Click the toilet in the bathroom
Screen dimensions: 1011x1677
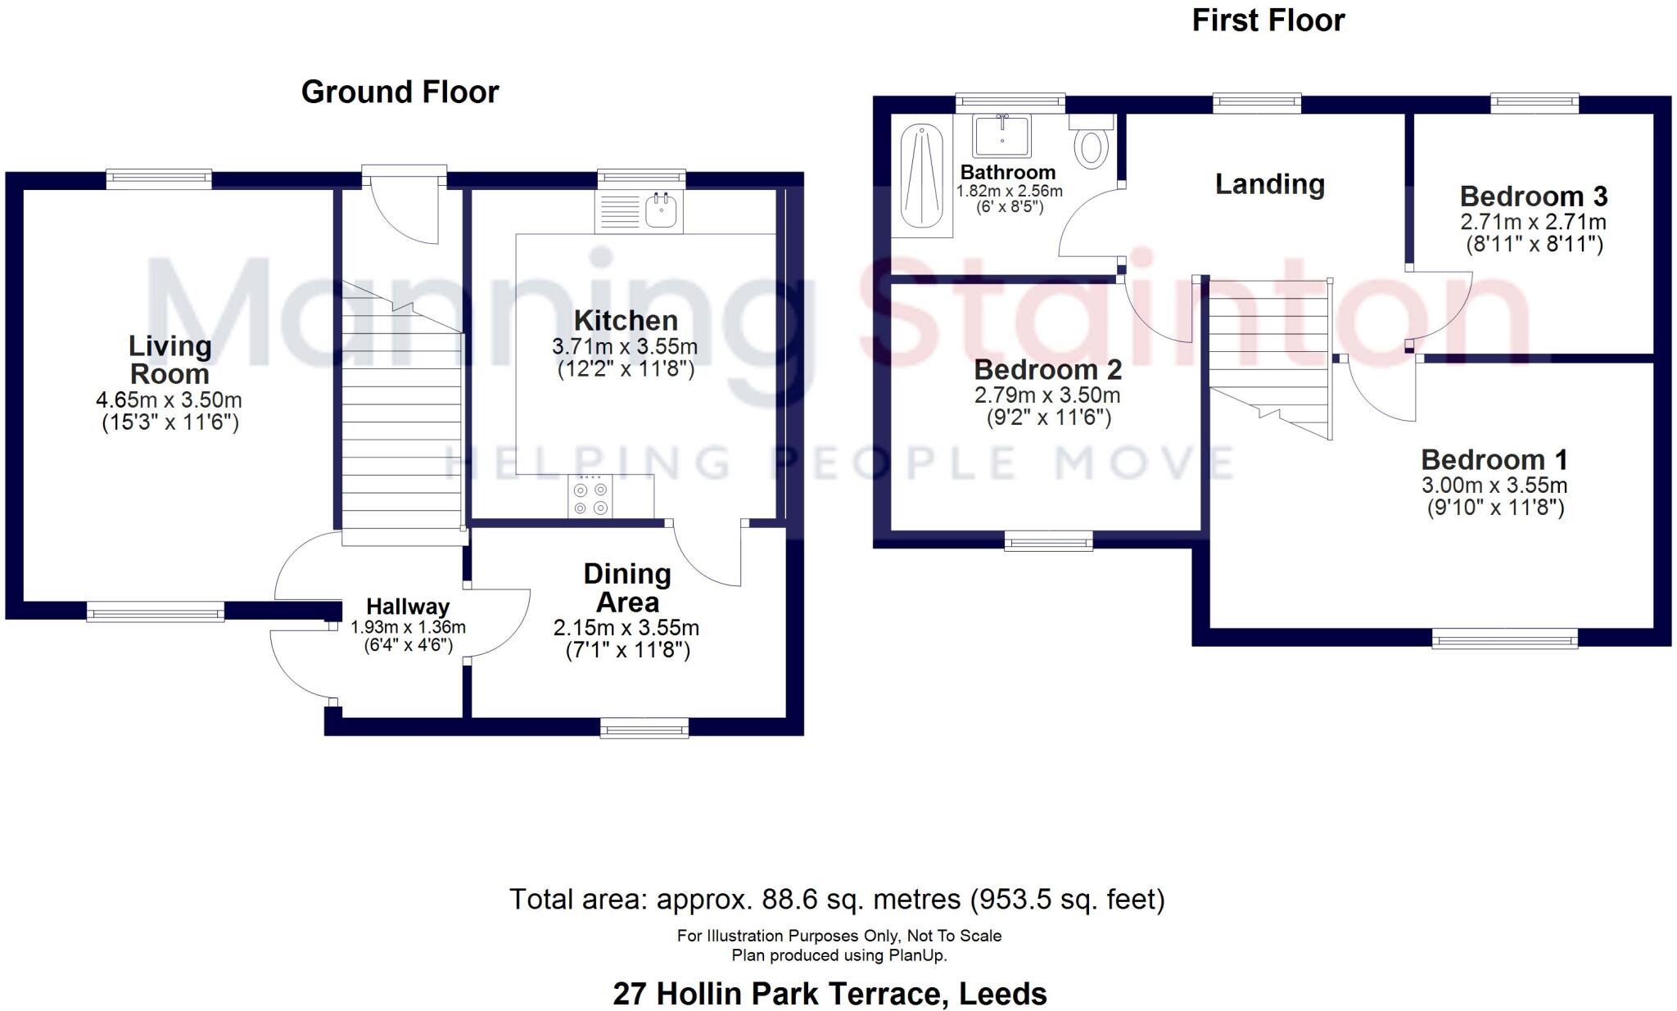coord(1092,145)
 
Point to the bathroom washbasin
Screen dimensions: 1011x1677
coord(1001,134)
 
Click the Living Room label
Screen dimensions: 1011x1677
coord(170,360)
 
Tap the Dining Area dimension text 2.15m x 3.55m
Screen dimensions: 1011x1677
coord(626,628)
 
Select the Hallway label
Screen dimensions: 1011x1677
coord(408,607)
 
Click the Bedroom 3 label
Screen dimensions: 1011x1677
coord(1533,196)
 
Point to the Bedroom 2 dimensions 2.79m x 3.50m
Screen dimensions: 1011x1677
coord(1047,395)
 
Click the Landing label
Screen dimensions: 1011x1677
coord(1269,184)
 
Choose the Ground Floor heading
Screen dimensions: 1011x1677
coord(400,92)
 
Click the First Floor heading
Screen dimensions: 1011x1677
coord(1268,20)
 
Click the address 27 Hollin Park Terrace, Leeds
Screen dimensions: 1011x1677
coord(829,994)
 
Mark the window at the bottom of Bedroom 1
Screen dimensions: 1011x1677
coord(1504,639)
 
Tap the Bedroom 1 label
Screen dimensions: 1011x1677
coord(1494,460)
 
